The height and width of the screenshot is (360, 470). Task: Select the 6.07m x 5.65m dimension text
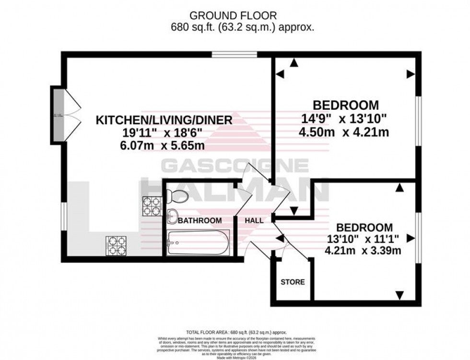pos(164,144)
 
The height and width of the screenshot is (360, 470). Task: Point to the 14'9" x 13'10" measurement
pos(345,118)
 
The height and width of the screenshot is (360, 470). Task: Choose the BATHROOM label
pos(200,221)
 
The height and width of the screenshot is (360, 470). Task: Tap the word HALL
pos(254,221)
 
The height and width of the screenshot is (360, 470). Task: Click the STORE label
pos(293,282)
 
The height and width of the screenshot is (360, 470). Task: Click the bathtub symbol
pos(199,243)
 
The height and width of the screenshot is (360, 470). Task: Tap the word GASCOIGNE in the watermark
pos(235,166)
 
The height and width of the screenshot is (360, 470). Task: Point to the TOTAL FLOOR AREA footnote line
pos(235,332)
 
